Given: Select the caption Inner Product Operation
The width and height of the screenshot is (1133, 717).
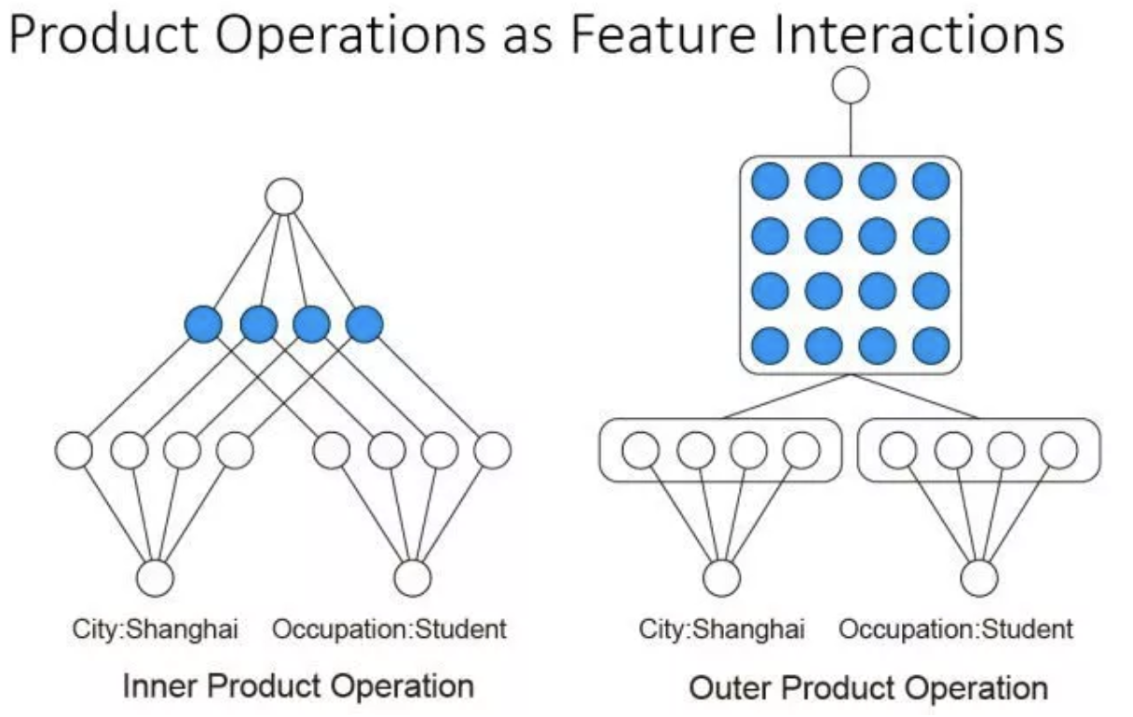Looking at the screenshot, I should (x=298, y=687).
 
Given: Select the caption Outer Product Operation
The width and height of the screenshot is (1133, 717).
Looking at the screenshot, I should (x=868, y=689).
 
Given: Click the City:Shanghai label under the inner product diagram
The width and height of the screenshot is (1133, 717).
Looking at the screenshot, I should (x=156, y=629).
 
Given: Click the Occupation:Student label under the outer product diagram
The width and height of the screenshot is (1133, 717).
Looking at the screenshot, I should (x=956, y=629).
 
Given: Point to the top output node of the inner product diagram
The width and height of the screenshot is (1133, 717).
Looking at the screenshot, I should (x=284, y=197).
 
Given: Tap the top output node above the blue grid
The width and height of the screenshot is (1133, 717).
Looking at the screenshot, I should (x=850, y=86).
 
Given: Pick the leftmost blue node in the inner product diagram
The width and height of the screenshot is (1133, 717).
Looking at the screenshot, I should (x=203, y=324).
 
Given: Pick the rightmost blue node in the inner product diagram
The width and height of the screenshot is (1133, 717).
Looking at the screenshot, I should (x=364, y=324).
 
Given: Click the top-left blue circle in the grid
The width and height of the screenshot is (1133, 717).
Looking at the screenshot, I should (x=770, y=182).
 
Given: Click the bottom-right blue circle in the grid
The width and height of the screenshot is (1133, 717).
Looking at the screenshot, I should (x=931, y=345).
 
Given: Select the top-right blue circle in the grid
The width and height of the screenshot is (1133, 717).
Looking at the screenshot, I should (x=931, y=182).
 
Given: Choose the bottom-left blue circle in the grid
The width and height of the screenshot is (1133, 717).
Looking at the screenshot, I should (x=770, y=345).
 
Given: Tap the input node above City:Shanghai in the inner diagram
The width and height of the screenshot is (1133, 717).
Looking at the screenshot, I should (x=156, y=578).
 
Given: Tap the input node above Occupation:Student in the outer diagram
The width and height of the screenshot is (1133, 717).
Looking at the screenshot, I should (x=978, y=578).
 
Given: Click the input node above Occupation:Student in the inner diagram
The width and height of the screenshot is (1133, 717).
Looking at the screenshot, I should (x=412, y=578).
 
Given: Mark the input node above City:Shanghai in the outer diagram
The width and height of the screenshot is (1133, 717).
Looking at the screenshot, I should (x=721, y=578).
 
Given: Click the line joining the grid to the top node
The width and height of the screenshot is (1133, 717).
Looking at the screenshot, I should (x=850, y=129).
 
